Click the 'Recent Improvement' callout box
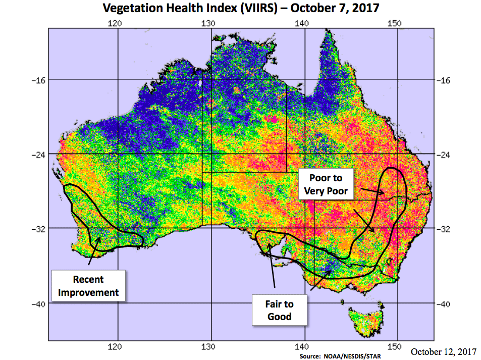click(89, 286)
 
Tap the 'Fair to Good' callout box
click(279, 310)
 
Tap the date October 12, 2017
click(444, 351)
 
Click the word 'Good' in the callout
click(279, 317)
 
